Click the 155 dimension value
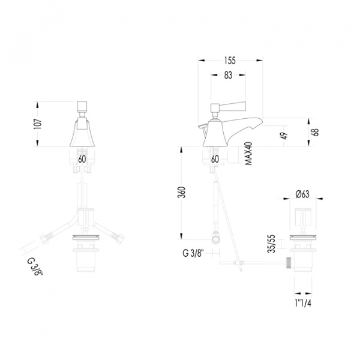pos(230,61)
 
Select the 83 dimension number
pos(228,75)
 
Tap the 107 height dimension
pos(38,124)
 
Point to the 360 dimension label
pos(181,193)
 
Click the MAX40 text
pos(248,154)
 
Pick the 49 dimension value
pos(284,136)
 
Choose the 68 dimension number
pos(316,133)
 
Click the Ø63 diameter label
pos(302,194)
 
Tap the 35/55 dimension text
pos(272,244)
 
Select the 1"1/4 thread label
pos(303,304)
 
